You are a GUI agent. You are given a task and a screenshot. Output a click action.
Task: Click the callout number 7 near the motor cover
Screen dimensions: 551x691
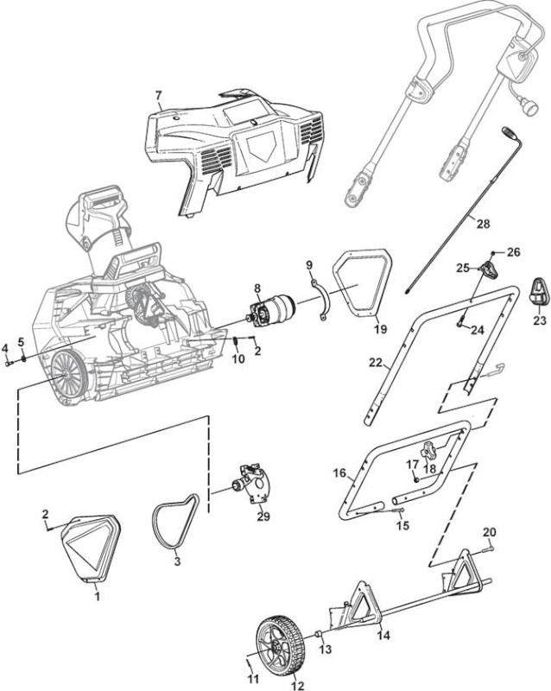(159, 95)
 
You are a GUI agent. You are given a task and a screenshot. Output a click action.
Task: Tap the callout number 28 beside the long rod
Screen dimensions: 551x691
(483, 224)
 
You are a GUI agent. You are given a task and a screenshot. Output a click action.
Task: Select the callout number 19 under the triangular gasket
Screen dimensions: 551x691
(380, 329)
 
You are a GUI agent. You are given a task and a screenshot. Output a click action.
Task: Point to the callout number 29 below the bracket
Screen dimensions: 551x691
(263, 516)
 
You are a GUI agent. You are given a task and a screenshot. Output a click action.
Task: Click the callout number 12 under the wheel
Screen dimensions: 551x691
(298, 685)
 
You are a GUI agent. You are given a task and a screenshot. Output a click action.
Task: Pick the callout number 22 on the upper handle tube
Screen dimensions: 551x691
(376, 362)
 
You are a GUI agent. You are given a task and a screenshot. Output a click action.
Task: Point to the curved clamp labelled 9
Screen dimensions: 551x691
(323, 300)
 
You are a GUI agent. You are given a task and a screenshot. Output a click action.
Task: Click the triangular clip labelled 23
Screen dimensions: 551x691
(539, 292)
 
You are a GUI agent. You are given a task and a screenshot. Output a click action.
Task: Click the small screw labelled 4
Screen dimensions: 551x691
(9, 364)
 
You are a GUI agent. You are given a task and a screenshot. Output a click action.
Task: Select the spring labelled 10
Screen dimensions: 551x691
(236, 341)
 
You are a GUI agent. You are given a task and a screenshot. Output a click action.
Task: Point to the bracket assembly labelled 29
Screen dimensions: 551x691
(253, 484)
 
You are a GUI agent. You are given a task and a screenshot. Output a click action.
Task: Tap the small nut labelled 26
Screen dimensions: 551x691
(493, 253)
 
